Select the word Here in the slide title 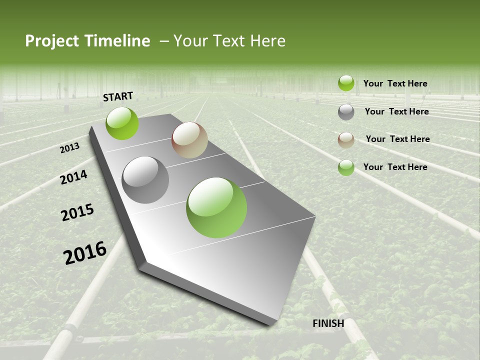coord(267,41)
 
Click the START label coord(118,96)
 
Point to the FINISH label coord(328,323)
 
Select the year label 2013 coord(70,147)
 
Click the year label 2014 coord(73,177)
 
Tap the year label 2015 coord(77,212)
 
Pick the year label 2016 coord(85,252)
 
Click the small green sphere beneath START coord(122,123)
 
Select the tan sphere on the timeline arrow coord(189,140)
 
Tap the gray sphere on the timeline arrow coord(145,180)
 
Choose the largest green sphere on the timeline coord(216,207)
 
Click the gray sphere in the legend coord(346,112)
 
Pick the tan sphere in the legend coord(346,140)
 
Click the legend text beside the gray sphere coord(396,111)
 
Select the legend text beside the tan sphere coord(397,139)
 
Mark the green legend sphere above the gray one coord(346,83)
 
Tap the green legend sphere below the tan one coord(346,167)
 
